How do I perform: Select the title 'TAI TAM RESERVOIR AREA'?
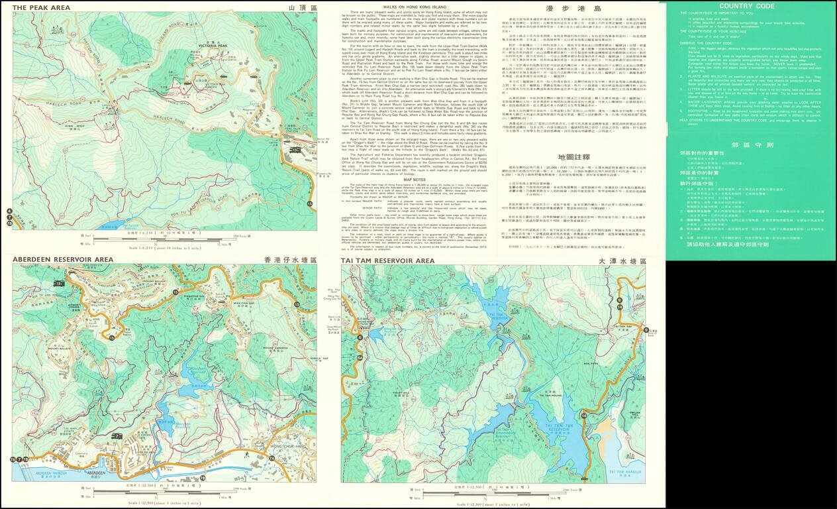(x=388, y=260)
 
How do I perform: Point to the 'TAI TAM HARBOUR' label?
(x=622, y=472)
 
